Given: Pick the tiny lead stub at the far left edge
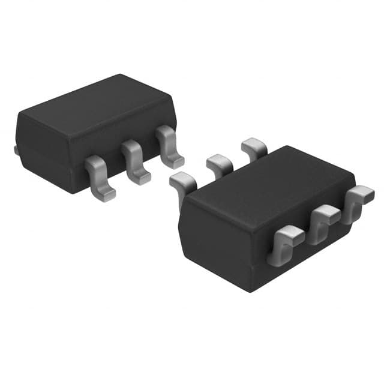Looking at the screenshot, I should click(x=16, y=149).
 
